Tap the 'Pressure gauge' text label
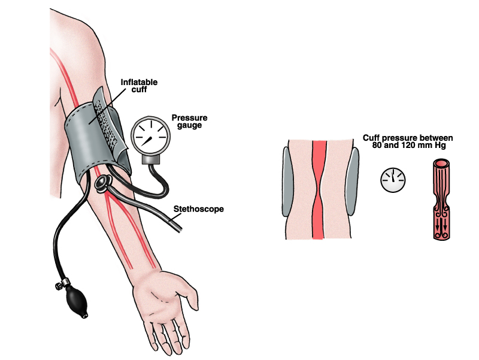pyautogui.click(x=185, y=121)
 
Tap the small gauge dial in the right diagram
pyautogui.click(x=393, y=179)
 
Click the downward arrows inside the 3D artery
pyautogui.click(x=442, y=226)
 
